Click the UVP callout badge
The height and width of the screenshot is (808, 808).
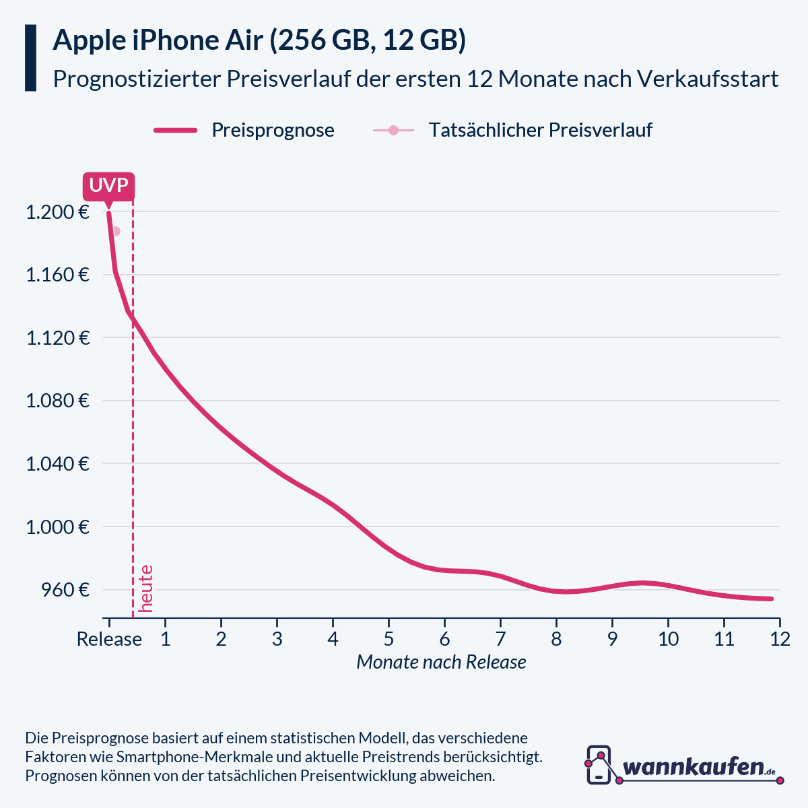tap(108, 186)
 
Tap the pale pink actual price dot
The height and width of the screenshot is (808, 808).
tap(116, 231)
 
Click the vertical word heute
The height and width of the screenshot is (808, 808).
tap(146, 588)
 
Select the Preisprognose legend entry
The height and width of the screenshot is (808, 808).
tap(244, 130)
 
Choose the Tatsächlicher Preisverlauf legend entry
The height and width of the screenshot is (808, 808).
tap(513, 130)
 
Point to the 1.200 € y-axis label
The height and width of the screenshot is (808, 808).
tap(58, 213)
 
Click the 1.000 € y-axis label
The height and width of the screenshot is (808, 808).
tap(58, 527)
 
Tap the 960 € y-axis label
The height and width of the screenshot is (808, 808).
tap(65, 591)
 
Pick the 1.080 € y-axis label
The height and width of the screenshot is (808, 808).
tap(58, 401)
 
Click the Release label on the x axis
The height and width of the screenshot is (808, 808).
tap(109, 639)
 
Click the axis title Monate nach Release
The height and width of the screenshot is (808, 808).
tap(441, 663)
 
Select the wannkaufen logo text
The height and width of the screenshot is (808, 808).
tap(694, 766)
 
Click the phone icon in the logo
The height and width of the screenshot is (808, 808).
tap(599, 764)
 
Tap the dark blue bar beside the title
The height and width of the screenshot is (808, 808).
tap(30, 58)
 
